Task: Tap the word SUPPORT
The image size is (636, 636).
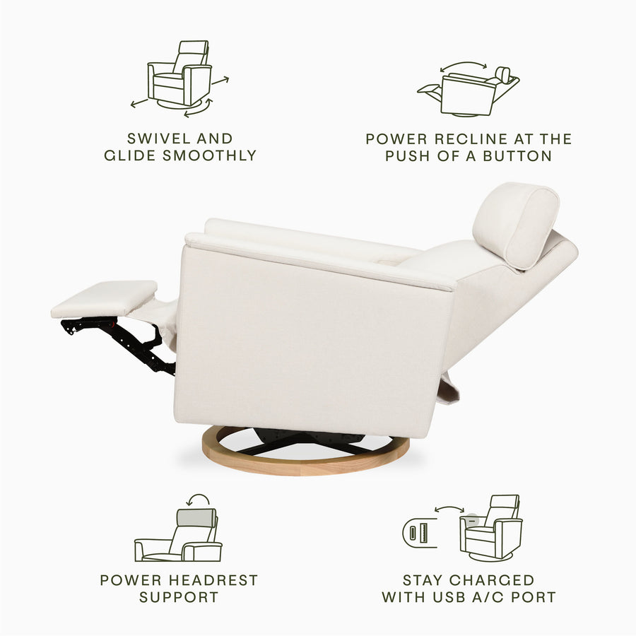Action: pos(179,597)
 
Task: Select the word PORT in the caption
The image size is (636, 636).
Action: pos(532,597)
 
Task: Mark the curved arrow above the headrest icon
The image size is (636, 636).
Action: pos(199,499)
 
